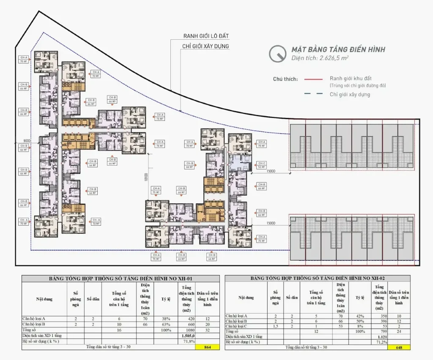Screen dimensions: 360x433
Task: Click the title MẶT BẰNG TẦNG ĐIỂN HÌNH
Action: [x=338, y=49]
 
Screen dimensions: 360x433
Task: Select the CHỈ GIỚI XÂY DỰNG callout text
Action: [x=206, y=46]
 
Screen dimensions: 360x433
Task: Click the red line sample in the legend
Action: [x=314, y=79]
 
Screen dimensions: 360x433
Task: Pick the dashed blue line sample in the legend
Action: [x=314, y=94]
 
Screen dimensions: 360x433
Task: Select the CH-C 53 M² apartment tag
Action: [x=262, y=164]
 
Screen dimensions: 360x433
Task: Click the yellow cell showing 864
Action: [x=207, y=347]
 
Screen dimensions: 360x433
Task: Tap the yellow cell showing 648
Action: [x=398, y=347]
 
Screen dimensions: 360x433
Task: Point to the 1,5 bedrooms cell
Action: [x=275, y=326]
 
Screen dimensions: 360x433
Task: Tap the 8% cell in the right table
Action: [x=359, y=326]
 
